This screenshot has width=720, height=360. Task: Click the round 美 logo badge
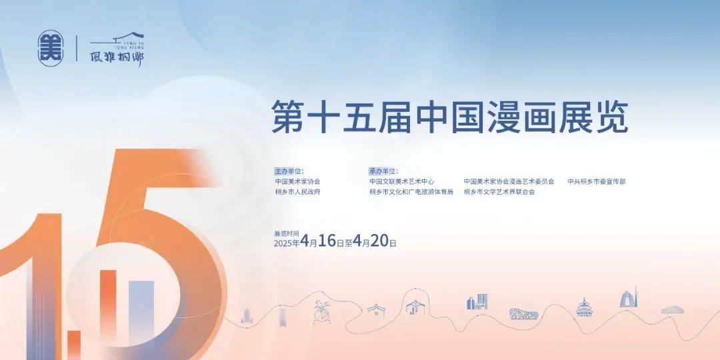click(51, 48)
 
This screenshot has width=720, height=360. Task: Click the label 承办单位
click(383, 171)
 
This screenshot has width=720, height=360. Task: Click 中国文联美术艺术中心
click(402, 181)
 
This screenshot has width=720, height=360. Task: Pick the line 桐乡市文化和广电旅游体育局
click(411, 192)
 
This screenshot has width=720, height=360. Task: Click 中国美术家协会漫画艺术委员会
click(509, 181)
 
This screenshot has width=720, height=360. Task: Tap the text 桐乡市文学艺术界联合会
click(499, 192)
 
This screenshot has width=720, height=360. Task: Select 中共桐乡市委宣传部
click(597, 181)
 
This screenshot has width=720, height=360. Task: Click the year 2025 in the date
click(283, 243)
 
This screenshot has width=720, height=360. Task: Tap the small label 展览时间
click(283, 233)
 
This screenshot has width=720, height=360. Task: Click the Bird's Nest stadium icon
click(523, 313)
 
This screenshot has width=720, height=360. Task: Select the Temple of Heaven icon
click(584, 307)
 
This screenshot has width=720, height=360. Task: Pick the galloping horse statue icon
click(321, 312)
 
